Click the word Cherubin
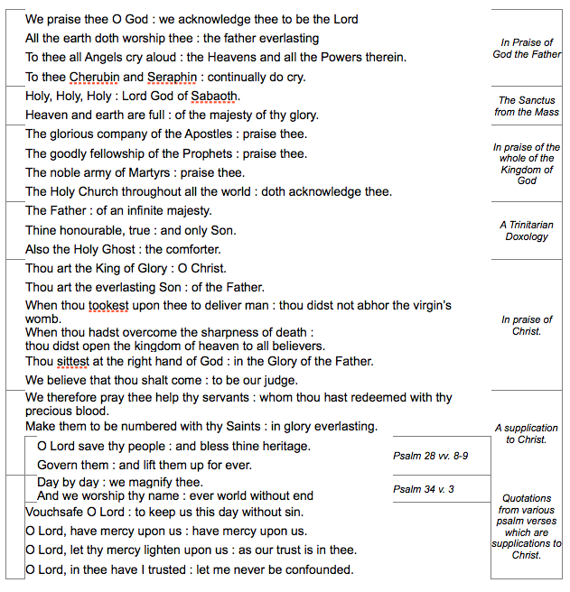(92, 77)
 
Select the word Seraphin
(173, 77)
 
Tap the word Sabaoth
(215, 96)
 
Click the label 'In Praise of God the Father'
(527, 49)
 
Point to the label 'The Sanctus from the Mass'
(527, 106)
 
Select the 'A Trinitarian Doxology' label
(527, 231)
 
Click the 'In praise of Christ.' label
(527, 326)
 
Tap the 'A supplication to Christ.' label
(527, 434)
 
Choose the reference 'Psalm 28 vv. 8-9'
(430, 456)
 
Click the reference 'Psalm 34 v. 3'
(424, 489)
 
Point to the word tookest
(108, 306)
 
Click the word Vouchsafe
(56, 512)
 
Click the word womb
(42, 319)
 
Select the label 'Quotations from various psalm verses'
(527, 526)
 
